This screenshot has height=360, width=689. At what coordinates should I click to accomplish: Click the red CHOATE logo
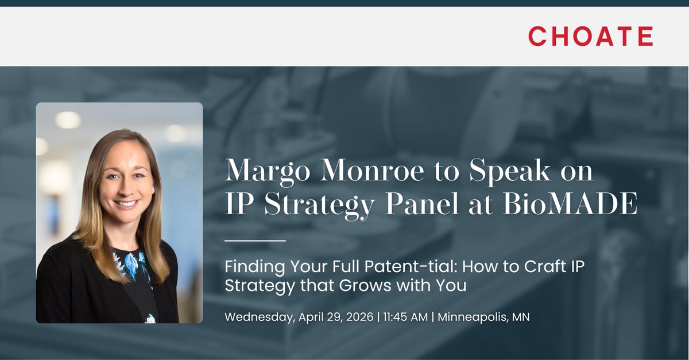click(590, 36)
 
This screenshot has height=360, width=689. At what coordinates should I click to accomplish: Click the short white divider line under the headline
click(254, 241)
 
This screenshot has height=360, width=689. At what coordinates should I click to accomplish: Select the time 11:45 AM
click(407, 317)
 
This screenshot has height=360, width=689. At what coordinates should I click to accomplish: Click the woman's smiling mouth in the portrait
click(126, 203)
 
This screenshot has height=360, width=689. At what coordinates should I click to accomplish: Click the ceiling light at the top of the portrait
click(68, 119)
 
